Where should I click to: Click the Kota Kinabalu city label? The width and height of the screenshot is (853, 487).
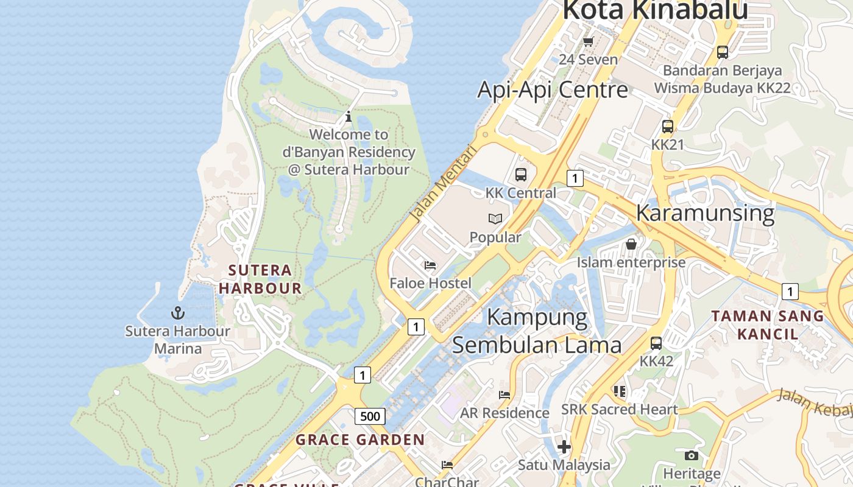click(654, 11)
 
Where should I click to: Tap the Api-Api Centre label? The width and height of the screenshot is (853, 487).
click(552, 89)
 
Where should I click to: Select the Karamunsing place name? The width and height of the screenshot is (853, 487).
click(705, 213)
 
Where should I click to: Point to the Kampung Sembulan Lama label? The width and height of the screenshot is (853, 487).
click(537, 331)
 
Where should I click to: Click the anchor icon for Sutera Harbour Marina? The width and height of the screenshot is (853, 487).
click(177, 314)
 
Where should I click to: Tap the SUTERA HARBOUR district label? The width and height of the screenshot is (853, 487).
click(260, 279)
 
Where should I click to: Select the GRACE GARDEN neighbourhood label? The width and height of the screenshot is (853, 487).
click(360, 440)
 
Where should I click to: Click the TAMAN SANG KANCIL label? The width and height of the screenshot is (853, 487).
click(768, 324)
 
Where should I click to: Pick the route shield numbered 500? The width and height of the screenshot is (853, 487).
click(370, 416)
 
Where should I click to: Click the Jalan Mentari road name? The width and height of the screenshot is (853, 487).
click(443, 183)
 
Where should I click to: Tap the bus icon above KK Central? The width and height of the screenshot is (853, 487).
click(521, 175)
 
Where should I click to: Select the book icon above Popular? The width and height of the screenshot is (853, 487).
click(495, 219)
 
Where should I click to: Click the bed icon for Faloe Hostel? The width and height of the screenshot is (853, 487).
click(430, 265)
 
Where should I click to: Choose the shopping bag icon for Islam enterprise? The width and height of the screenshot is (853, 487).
click(631, 244)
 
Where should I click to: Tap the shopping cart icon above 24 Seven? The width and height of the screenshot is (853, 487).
click(588, 41)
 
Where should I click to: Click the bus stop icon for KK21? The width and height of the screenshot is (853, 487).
click(668, 127)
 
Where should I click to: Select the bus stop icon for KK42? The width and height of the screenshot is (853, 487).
click(656, 343)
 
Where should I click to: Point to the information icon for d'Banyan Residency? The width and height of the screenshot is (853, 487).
click(349, 116)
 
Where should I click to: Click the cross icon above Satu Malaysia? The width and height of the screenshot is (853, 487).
click(564, 447)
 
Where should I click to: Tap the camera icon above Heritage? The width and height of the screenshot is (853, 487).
click(691, 455)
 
